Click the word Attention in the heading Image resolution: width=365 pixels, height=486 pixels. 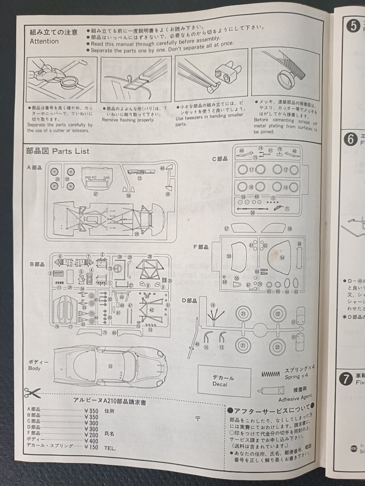pos(44,41)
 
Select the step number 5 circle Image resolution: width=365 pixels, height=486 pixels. pos(353,26)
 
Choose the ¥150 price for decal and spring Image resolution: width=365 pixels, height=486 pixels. pos(91,447)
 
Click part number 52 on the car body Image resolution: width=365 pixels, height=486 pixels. pos(110,366)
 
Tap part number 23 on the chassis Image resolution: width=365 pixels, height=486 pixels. pos(137,234)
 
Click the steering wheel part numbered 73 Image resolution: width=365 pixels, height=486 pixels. pos(110,269)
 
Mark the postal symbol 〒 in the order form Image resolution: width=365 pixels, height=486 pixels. pos(197,418)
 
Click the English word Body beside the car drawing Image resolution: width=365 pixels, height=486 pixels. pos(34,368)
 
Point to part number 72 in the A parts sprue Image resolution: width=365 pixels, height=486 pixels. pos(140,178)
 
